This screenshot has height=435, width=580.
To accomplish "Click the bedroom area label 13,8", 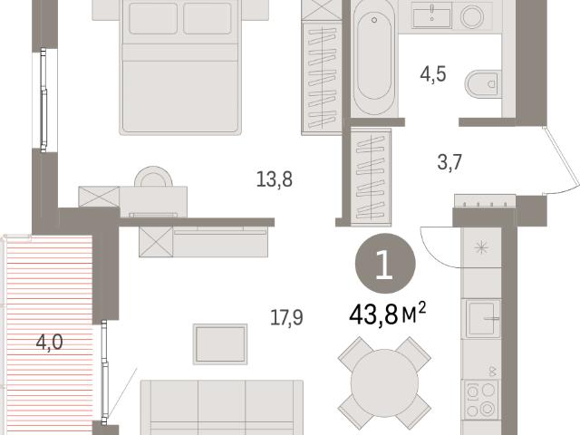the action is pyautogui.click(x=274, y=179).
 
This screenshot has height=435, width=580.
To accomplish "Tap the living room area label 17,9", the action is pyautogui.click(x=286, y=317).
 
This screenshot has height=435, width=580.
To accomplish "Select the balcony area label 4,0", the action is pyautogui.click(x=49, y=343).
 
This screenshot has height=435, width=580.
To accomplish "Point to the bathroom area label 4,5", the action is pyautogui.click(x=433, y=74).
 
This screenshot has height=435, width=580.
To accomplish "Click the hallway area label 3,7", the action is pyautogui.click(x=449, y=162).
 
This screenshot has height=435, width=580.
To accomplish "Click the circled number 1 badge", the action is pyautogui.click(x=385, y=264).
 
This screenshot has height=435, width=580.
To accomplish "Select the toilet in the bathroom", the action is pyautogui.click(x=483, y=84).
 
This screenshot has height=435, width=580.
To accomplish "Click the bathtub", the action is pyautogui.click(x=373, y=57).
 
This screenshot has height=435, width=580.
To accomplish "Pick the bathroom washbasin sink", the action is pyautogui.click(x=431, y=14).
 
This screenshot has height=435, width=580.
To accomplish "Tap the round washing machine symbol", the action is pyautogui.click(x=472, y=16).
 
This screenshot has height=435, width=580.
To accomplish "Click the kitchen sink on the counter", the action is pyautogui.click(x=482, y=319).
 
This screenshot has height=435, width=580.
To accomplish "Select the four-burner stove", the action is pyautogui.click(x=481, y=400).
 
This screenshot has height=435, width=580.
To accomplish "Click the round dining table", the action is pyautogui.click(x=384, y=382).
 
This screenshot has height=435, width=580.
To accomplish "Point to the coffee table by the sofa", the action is pyautogui.click(x=220, y=344).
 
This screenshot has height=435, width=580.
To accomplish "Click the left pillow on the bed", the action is pyautogui.click(x=153, y=18).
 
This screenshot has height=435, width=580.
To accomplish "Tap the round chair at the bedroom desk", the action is pyautogui.click(x=153, y=177).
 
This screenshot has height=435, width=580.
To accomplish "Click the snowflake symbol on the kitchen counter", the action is pyautogui.click(x=481, y=247).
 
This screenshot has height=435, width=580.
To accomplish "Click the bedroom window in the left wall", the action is pyautogui.click(x=43, y=100).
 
